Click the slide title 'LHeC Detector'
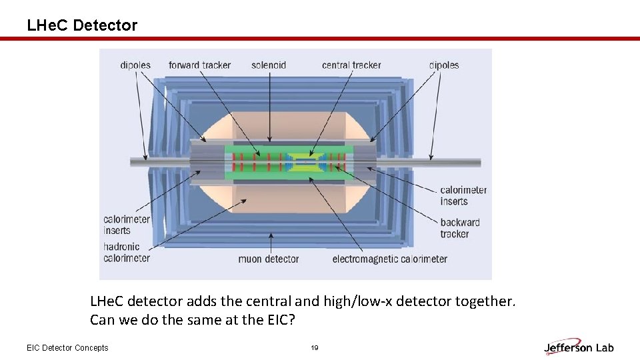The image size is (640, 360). (x=82, y=25)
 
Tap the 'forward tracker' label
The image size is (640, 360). (x=199, y=65)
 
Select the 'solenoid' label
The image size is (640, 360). (x=269, y=65)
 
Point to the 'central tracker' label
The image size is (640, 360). (x=351, y=65)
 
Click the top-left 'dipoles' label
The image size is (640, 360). (x=135, y=65)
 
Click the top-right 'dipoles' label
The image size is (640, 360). (x=444, y=65)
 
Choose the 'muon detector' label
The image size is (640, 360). (x=269, y=259)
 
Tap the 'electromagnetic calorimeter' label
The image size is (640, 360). (x=390, y=259)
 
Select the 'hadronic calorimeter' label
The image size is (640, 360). (x=127, y=252)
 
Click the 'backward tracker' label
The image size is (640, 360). (x=459, y=228)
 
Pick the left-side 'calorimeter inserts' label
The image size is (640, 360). (x=127, y=225)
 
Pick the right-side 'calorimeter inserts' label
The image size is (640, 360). (x=463, y=195)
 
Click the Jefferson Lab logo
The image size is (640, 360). (x=579, y=347)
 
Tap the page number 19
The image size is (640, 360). (x=315, y=348)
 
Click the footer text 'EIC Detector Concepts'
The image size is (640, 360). (x=67, y=348)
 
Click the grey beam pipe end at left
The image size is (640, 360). (x=141, y=161)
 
